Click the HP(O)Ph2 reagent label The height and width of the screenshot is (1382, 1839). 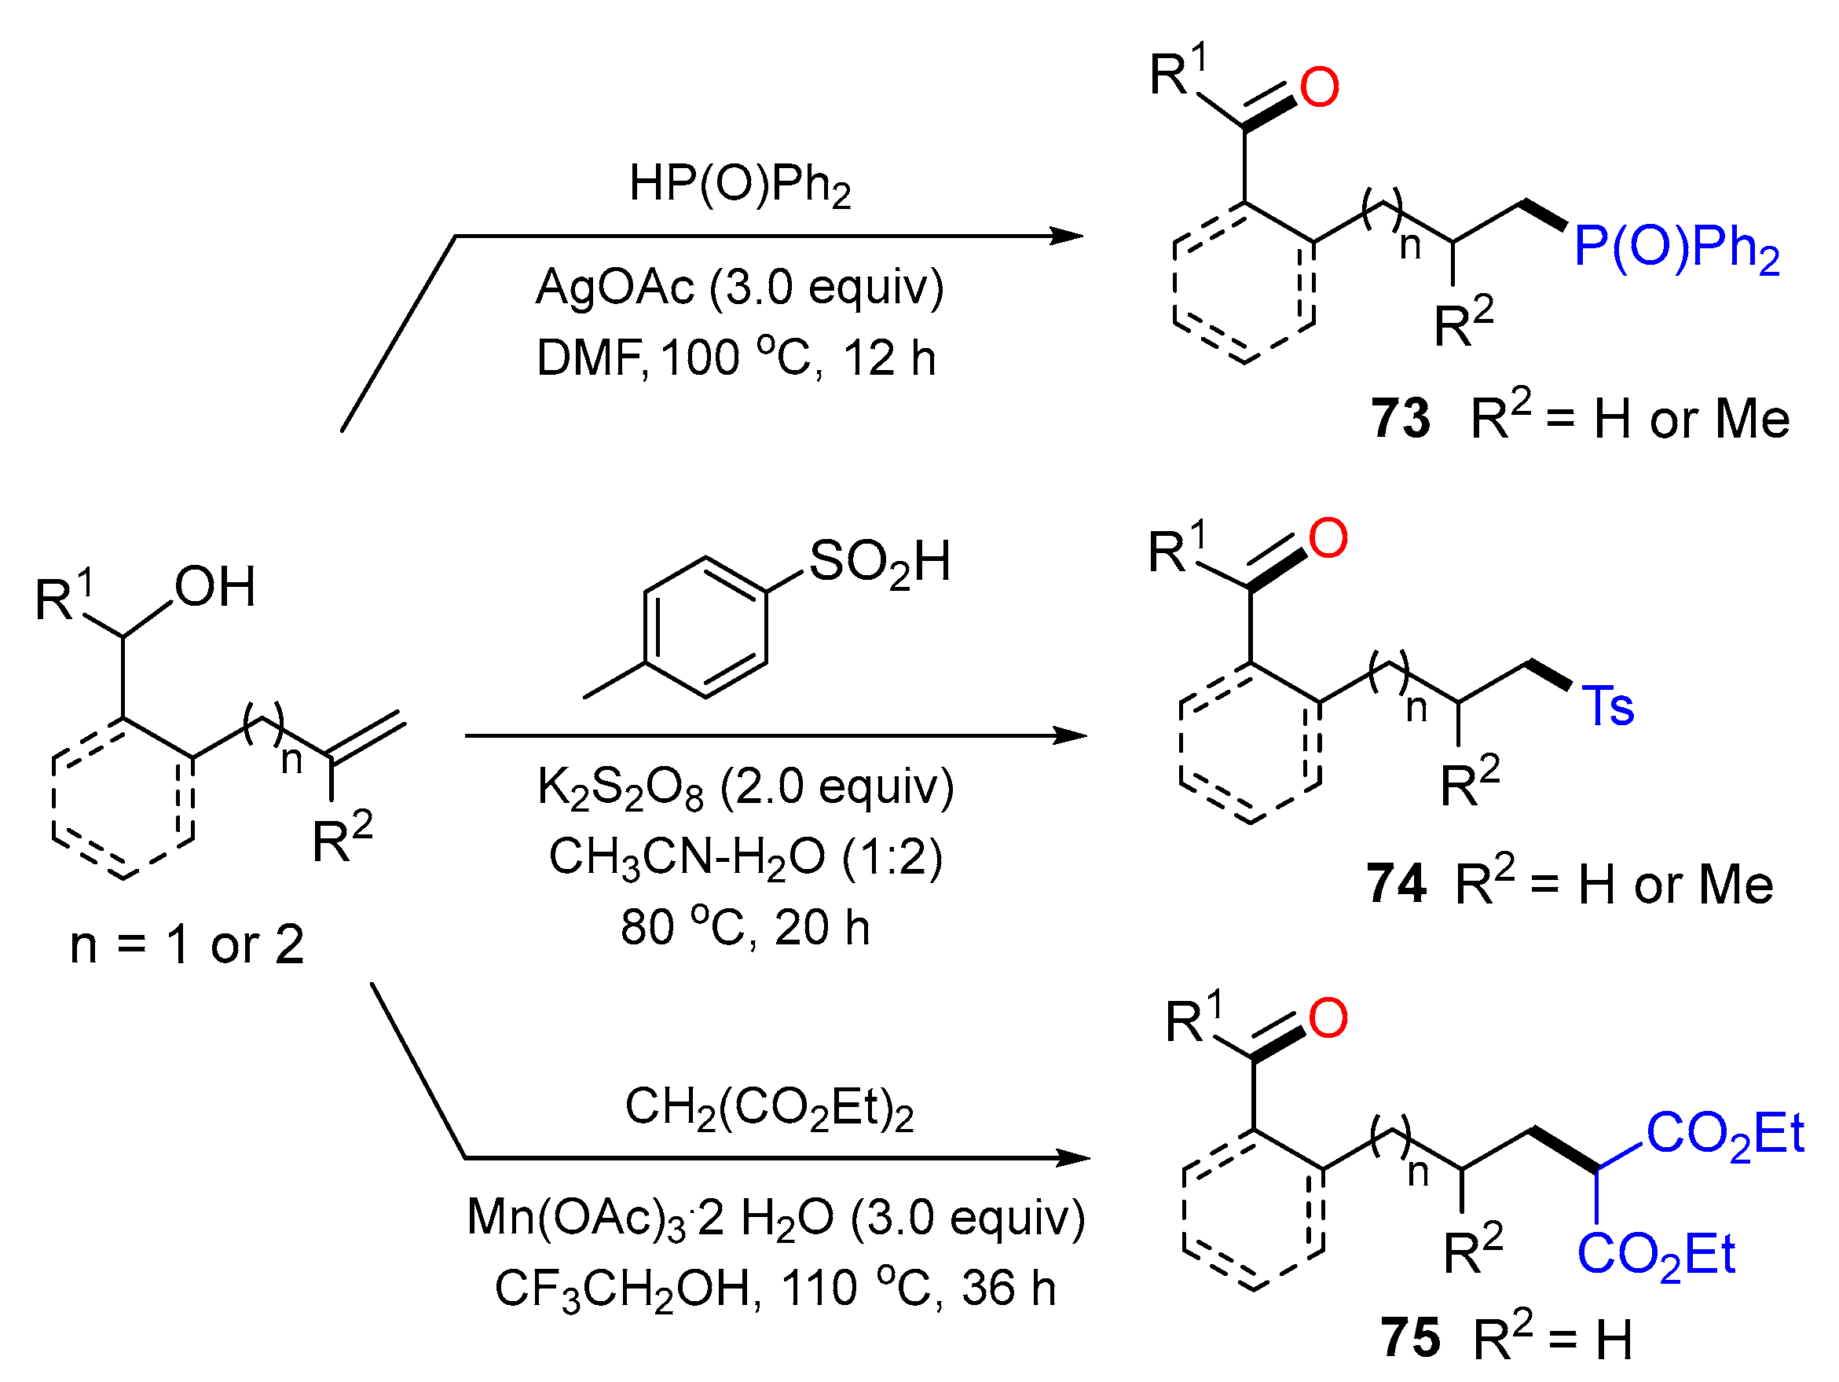click(739, 185)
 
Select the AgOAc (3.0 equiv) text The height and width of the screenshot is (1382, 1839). click(739, 288)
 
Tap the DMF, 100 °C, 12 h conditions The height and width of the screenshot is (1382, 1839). click(736, 358)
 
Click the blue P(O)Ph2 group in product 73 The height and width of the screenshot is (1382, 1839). click(1676, 247)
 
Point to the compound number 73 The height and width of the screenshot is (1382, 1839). click(1400, 418)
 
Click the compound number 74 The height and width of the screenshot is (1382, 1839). click(1396, 884)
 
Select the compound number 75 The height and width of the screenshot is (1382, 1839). click(1410, 1338)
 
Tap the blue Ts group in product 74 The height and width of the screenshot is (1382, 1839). click(1607, 707)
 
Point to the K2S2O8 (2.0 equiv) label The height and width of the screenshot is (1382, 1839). click(745, 786)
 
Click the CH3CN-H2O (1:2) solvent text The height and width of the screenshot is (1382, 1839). click(745, 856)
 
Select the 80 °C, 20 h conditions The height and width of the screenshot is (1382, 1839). click(745, 927)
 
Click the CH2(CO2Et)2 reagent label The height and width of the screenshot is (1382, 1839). click(768, 1109)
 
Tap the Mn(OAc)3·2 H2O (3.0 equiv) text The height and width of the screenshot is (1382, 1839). click(775, 1219)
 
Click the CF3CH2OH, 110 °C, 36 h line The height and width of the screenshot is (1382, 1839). click(774, 1288)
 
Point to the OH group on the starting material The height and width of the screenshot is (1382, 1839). click(214, 587)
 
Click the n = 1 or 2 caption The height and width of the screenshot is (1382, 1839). click(187, 944)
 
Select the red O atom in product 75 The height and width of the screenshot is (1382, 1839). click(1327, 1018)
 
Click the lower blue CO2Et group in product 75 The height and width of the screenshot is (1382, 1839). click(1655, 1255)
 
